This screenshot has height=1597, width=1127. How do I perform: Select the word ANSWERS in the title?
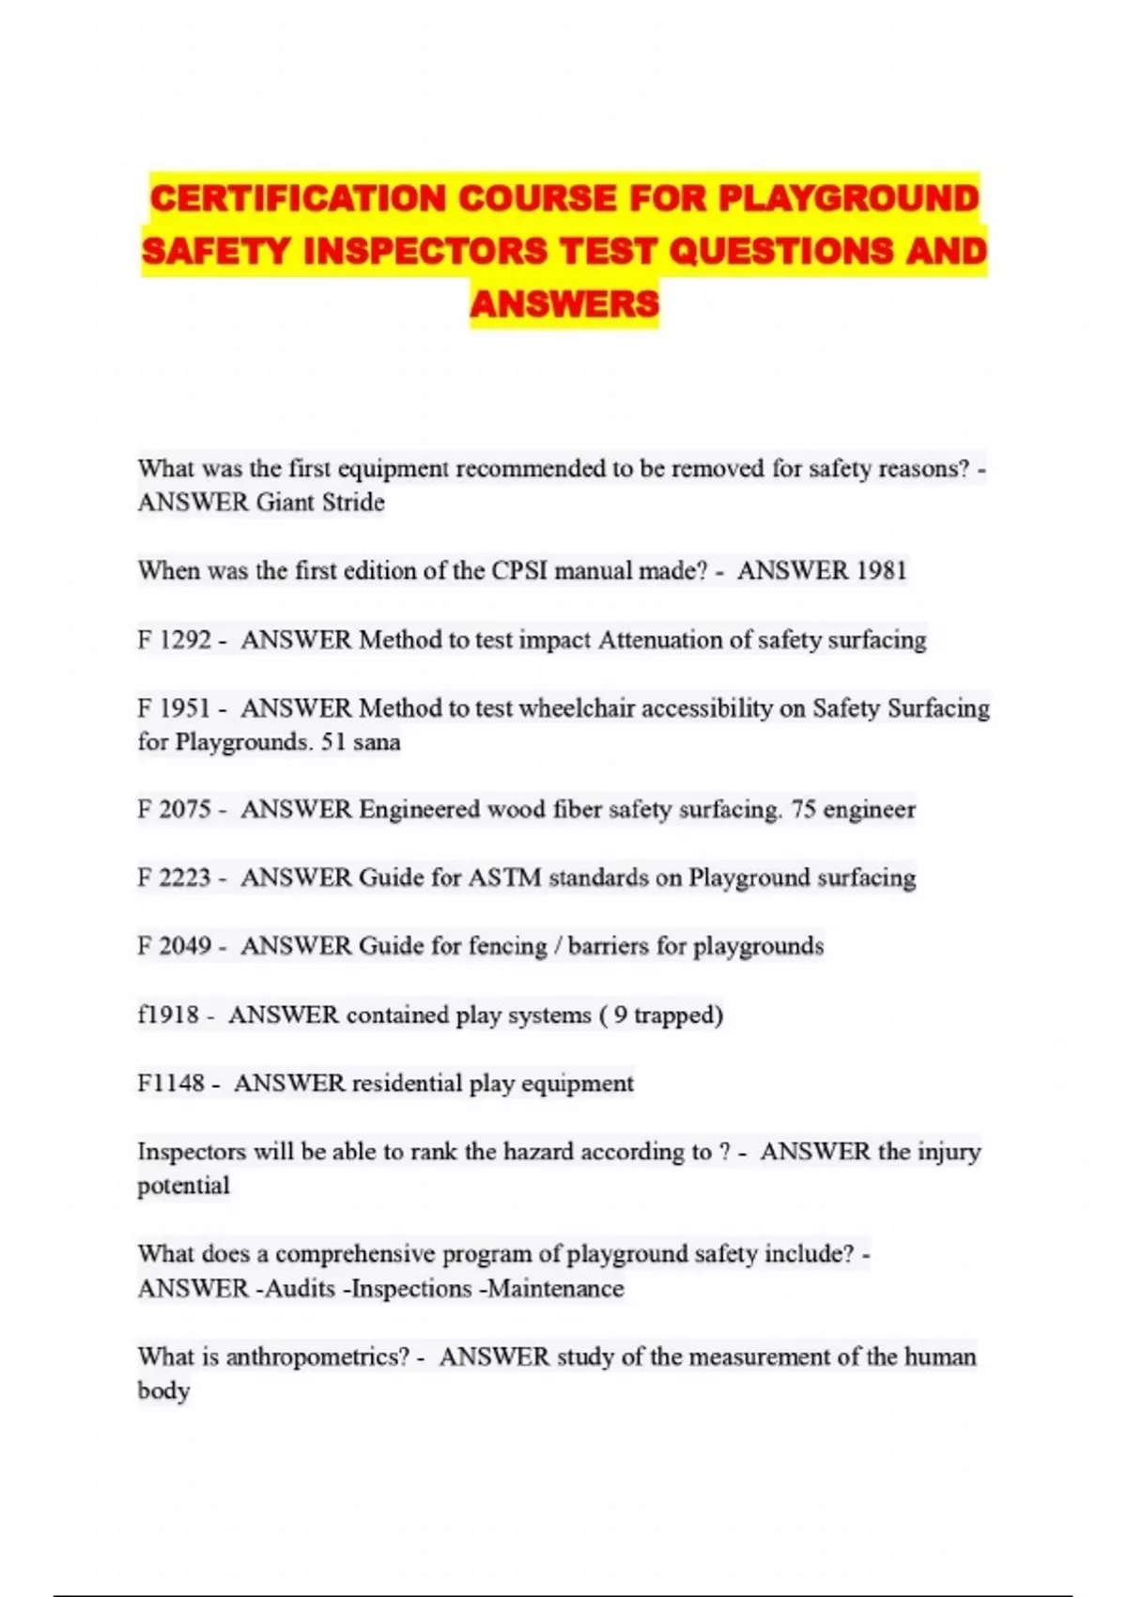click(564, 303)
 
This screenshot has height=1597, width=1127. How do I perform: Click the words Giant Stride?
click(320, 503)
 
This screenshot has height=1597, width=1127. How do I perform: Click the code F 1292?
click(174, 640)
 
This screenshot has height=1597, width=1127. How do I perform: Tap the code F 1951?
click(174, 708)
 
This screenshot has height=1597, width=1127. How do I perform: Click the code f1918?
click(168, 1015)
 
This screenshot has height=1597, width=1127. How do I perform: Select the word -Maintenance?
click(551, 1288)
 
